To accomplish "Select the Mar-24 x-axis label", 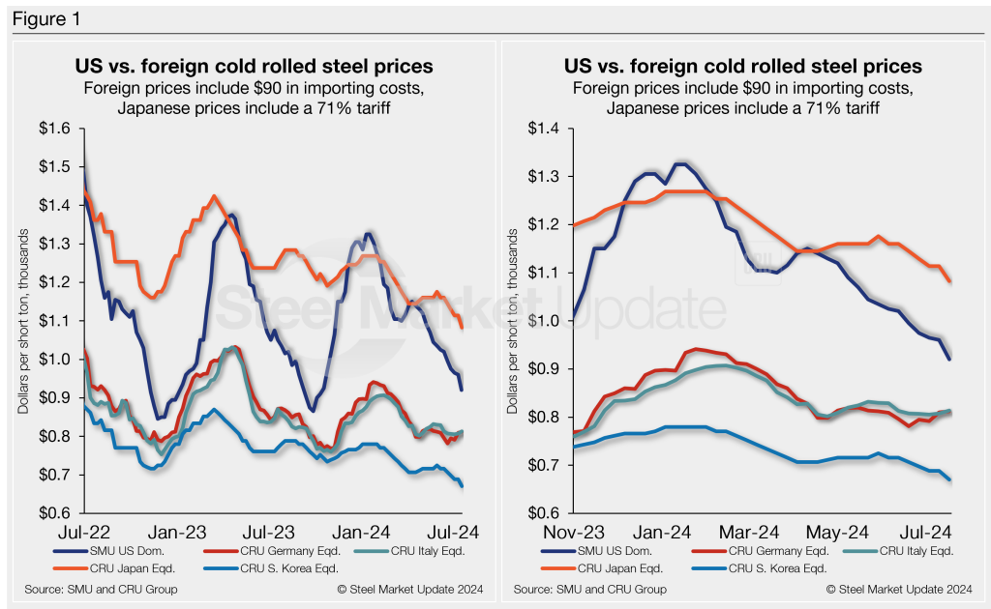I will [751, 532].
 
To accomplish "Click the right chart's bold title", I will [742, 67].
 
